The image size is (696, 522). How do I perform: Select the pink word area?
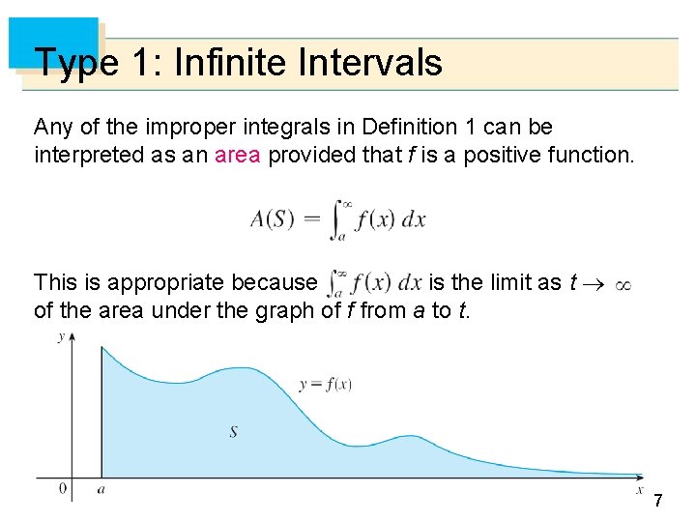coord(238,156)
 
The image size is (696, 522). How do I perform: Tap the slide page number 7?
coord(658,501)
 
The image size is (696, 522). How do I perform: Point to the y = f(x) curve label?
coord(325,384)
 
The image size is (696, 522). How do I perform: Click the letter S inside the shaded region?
coord(233,431)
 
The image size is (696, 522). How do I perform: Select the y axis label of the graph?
coord(62,336)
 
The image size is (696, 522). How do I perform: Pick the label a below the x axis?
coord(101,490)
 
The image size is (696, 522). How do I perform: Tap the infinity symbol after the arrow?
coord(623,285)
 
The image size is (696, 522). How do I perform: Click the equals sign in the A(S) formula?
coord(312,220)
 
